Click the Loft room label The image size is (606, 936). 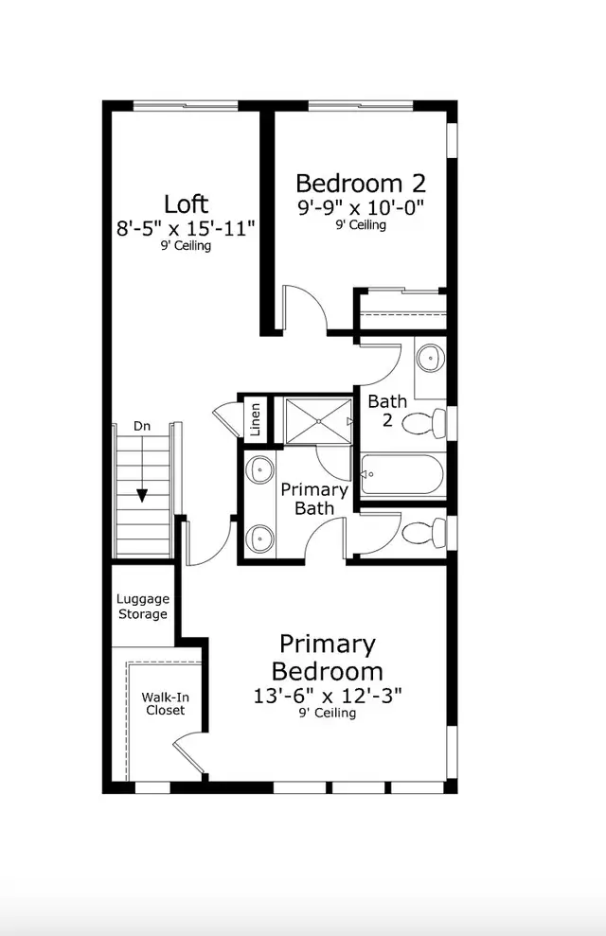186,204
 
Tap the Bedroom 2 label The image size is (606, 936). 361,184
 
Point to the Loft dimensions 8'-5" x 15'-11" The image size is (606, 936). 186,228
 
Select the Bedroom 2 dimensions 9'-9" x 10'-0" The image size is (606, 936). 361,207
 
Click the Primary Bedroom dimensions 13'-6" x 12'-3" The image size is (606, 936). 328,696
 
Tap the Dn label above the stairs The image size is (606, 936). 141,426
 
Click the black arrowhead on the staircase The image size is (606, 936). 141,496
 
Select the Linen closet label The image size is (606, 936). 255,419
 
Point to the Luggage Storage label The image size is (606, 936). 143,607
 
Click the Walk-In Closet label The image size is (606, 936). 166,704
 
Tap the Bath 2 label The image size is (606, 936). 387,411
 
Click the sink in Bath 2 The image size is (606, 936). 430,358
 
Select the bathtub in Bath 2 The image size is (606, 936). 402,474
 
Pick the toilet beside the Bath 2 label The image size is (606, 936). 424,423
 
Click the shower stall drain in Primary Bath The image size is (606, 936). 319,421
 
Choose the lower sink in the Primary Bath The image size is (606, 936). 260,539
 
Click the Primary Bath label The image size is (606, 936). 314,499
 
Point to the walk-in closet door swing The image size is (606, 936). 189,753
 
